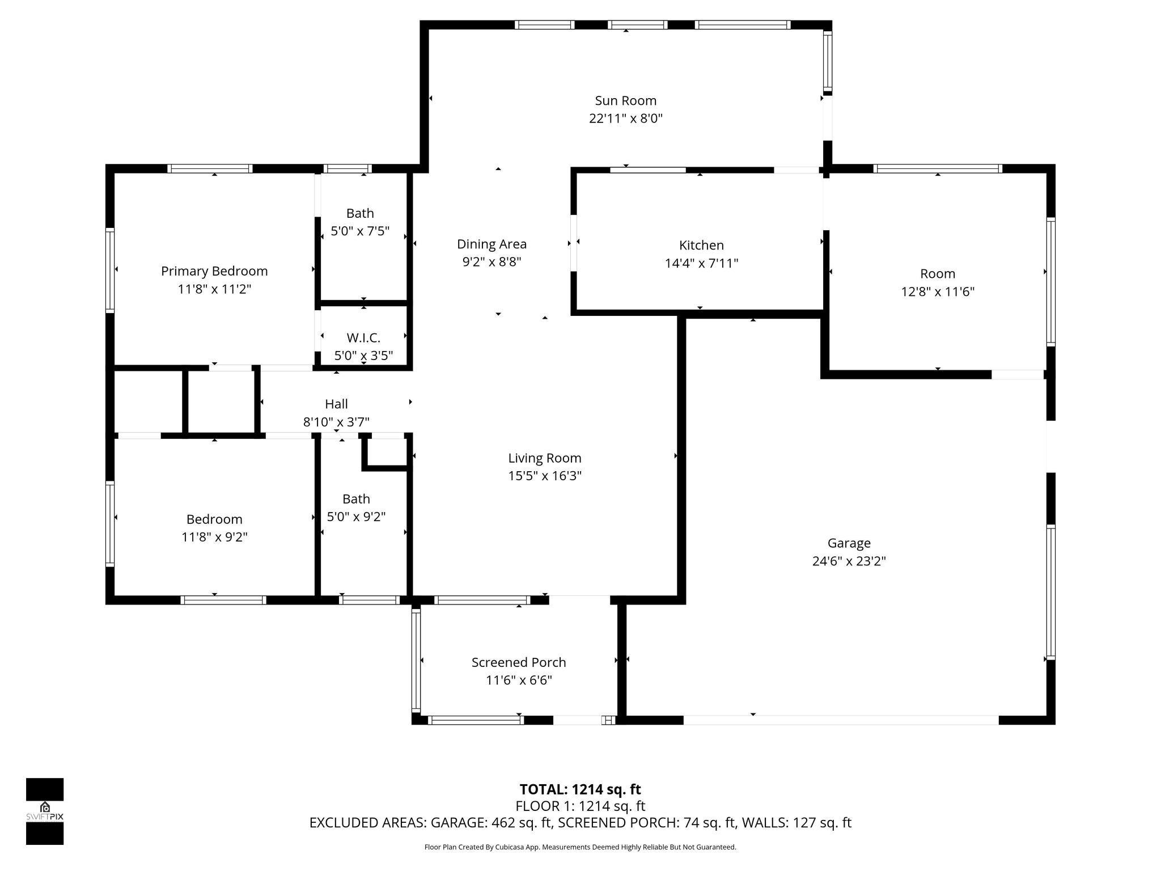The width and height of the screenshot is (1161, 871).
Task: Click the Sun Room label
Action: pyautogui.click(x=625, y=101)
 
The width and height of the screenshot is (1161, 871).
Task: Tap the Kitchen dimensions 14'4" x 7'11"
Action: pyautogui.click(x=701, y=264)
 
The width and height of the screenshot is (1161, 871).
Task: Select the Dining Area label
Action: pyautogui.click(x=491, y=244)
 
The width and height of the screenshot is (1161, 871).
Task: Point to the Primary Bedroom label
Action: pyautogui.click(x=214, y=271)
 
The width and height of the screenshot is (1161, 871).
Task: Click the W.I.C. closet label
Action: pyautogui.click(x=363, y=338)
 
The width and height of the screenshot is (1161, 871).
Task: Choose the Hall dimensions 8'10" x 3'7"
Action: pyautogui.click(x=336, y=422)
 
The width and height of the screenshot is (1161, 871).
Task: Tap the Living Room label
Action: pyautogui.click(x=544, y=458)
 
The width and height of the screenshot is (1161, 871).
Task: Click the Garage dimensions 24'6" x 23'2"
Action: pyautogui.click(x=849, y=561)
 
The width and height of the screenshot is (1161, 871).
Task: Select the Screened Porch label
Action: pyautogui.click(x=519, y=662)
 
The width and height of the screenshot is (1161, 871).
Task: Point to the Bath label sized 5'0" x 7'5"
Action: pyautogui.click(x=360, y=213)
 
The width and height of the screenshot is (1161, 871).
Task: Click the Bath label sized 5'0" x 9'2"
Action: pyautogui.click(x=356, y=499)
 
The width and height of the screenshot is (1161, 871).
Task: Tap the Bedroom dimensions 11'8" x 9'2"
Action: pyautogui.click(x=214, y=537)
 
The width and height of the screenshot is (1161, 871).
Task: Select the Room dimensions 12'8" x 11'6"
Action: pyautogui.click(x=938, y=292)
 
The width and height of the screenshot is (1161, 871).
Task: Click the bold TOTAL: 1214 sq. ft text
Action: pyautogui.click(x=580, y=789)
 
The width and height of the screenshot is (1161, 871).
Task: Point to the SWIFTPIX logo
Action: pyautogui.click(x=45, y=811)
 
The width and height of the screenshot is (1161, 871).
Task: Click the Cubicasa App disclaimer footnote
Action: pyautogui.click(x=580, y=847)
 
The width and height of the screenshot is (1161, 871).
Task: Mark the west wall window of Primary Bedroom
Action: pyautogui.click(x=110, y=270)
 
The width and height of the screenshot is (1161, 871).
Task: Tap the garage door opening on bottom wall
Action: pyautogui.click(x=840, y=720)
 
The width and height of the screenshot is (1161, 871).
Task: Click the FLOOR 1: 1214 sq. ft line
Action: pyautogui.click(x=580, y=806)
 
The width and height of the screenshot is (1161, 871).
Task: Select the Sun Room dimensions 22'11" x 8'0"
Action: pyautogui.click(x=625, y=119)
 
